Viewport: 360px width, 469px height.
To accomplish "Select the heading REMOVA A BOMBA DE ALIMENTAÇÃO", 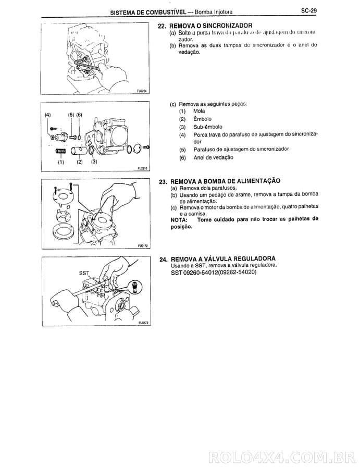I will coord(225,181).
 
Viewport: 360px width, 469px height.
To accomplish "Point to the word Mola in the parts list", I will coord(199,111).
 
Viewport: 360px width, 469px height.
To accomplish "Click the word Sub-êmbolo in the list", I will coord(207,127).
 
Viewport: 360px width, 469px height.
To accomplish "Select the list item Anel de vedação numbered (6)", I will coord(213,157).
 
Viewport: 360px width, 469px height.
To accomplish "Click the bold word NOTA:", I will coord(180,219).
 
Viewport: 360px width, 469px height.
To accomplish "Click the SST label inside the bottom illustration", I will coord(84,273).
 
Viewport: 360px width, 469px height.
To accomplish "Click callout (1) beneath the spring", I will coord(60,162).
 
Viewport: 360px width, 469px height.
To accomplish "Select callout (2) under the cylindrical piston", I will coord(80,162).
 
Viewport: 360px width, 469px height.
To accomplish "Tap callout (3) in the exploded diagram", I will coord(94,162).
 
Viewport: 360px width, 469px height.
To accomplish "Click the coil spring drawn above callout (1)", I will coord(61,151).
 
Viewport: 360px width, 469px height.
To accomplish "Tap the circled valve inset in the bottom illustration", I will coord(135,286).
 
